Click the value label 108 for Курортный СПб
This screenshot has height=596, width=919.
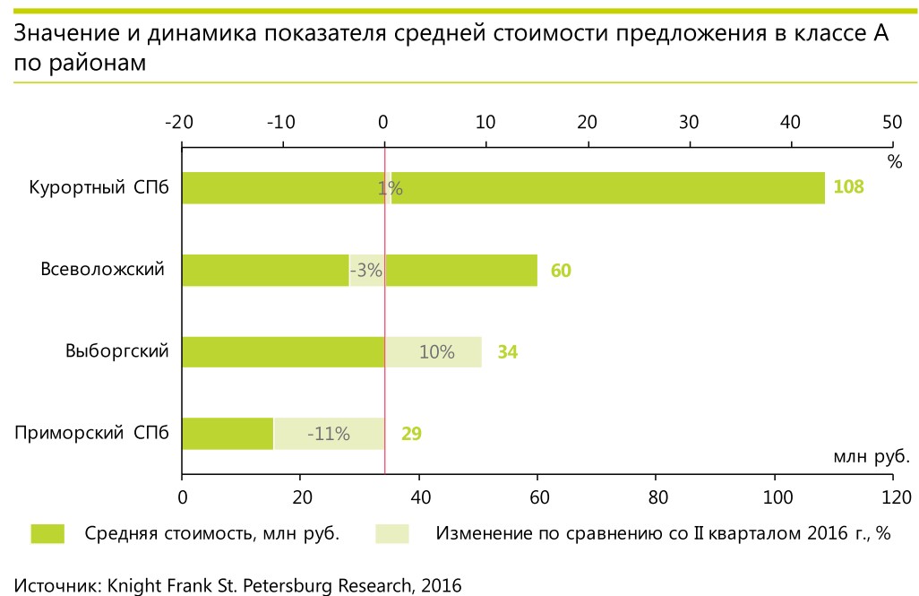[x=848, y=188]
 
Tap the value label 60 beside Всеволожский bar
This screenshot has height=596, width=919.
[x=561, y=271]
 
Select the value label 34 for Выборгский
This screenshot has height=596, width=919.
[x=507, y=352]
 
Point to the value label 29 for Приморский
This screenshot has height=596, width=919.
[x=411, y=435]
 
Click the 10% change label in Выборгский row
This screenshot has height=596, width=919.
[x=437, y=352]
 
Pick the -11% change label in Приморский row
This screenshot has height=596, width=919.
[x=328, y=435]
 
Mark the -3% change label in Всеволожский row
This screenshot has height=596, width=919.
[x=366, y=271]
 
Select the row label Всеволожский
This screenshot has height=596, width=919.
[x=103, y=270]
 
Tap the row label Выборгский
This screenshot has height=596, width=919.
[x=117, y=351]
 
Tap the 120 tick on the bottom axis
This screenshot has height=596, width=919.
[x=893, y=497]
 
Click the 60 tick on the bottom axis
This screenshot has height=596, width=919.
[x=537, y=497]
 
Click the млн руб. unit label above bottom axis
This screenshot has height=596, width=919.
[x=872, y=456]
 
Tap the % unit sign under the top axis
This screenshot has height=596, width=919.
[x=894, y=162]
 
